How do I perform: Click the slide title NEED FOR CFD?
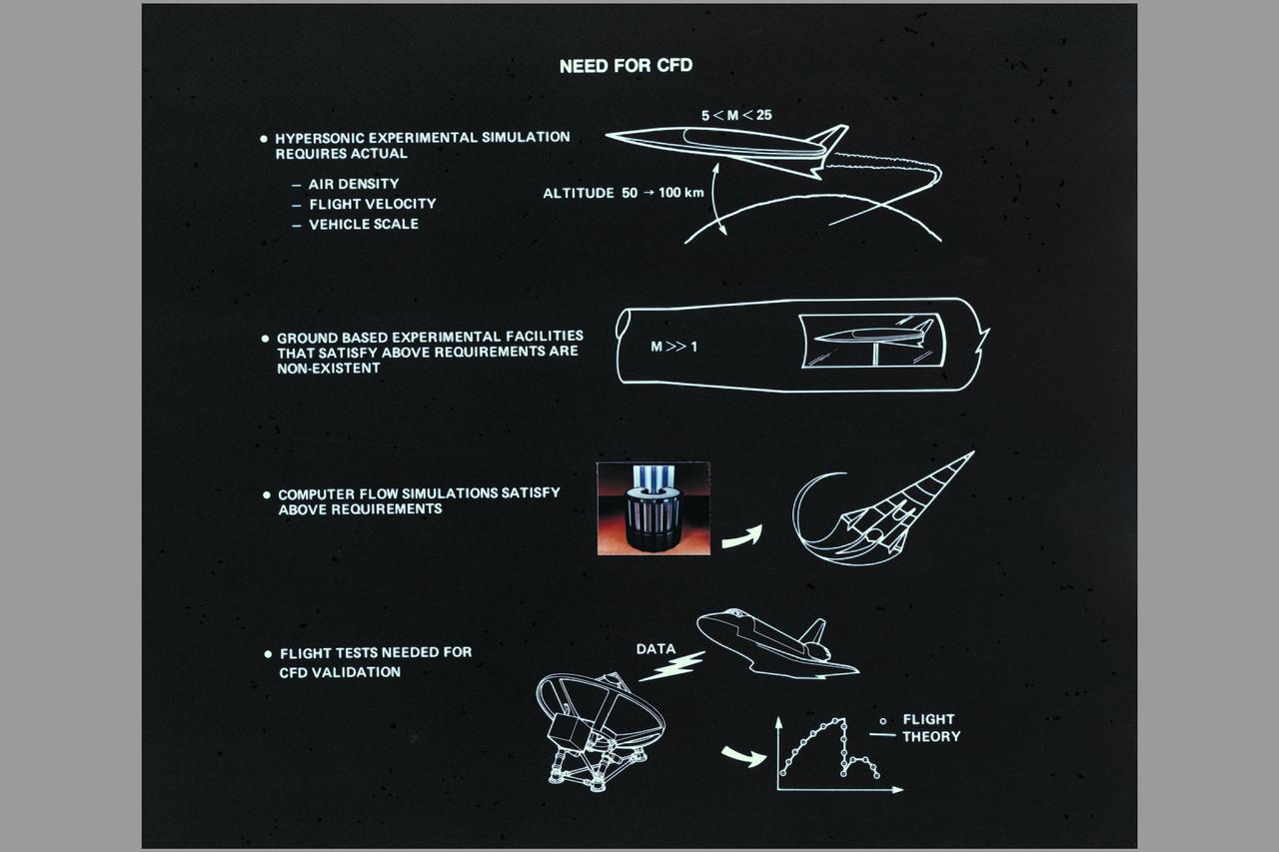[x=626, y=67]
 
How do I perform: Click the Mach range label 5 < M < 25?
[x=736, y=116]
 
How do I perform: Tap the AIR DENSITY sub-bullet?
[x=353, y=184]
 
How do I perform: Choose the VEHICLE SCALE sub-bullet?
[x=363, y=225]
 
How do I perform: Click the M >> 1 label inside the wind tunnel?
[x=674, y=347]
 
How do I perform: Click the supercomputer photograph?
[x=653, y=507]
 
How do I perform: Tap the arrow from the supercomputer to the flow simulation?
[x=740, y=536]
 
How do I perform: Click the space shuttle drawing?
[x=774, y=644]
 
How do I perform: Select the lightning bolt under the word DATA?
[x=671, y=666]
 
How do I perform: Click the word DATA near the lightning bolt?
[x=655, y=649]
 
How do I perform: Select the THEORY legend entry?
[x=930, y=737]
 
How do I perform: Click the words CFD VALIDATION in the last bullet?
[x=340, y=673]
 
